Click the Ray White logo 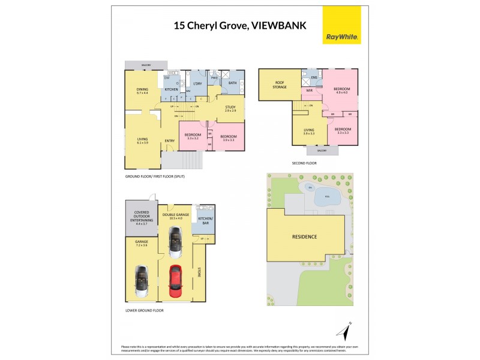click(x=342, y=25)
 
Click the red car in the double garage click(x=175, y=281)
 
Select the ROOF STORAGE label click(x=280, y=85)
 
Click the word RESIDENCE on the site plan click(x=305, y=236)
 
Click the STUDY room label click(x=230, y=109)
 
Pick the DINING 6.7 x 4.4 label click(x=142, y=91)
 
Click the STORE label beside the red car click(x=199, y=272)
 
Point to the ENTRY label click(x=170, y=141)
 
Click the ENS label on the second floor click(x=313, y=78)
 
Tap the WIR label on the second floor click(x=310, y=91)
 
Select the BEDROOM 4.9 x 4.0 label click(x=342, y=91)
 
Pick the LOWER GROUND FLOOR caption click(x=144, y=310)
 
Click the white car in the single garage click(x=142, y=281)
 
